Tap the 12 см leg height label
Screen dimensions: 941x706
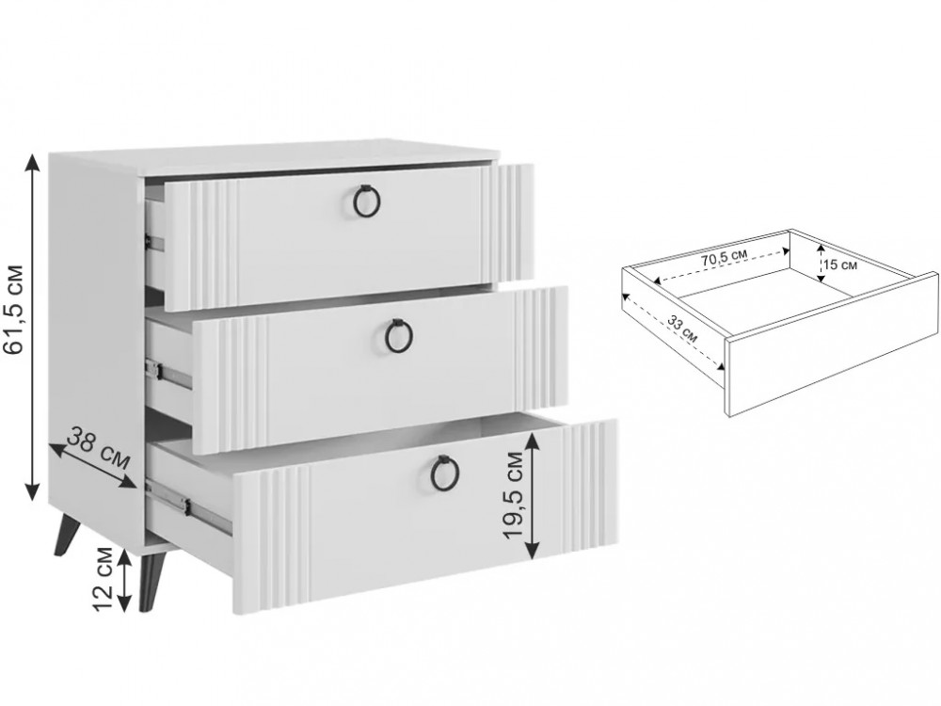point(104,579)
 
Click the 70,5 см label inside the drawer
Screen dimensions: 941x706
point(725,259)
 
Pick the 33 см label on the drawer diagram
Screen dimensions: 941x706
point(683,329)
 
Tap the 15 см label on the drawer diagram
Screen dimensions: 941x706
point(840,265)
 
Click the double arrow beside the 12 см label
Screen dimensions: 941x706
point(124,580)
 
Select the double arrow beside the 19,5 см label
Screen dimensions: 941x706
point(533,496)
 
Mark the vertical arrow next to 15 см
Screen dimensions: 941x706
point(820,263)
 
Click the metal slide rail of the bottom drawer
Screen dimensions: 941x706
point(188,505)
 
